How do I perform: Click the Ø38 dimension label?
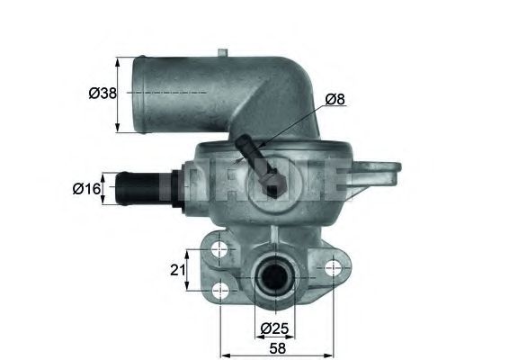102,92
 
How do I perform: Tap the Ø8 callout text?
335,98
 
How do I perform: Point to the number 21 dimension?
177,269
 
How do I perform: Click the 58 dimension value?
279,346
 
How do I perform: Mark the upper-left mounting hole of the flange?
219,247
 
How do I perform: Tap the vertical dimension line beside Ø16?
104,189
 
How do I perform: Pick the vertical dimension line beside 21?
187,269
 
